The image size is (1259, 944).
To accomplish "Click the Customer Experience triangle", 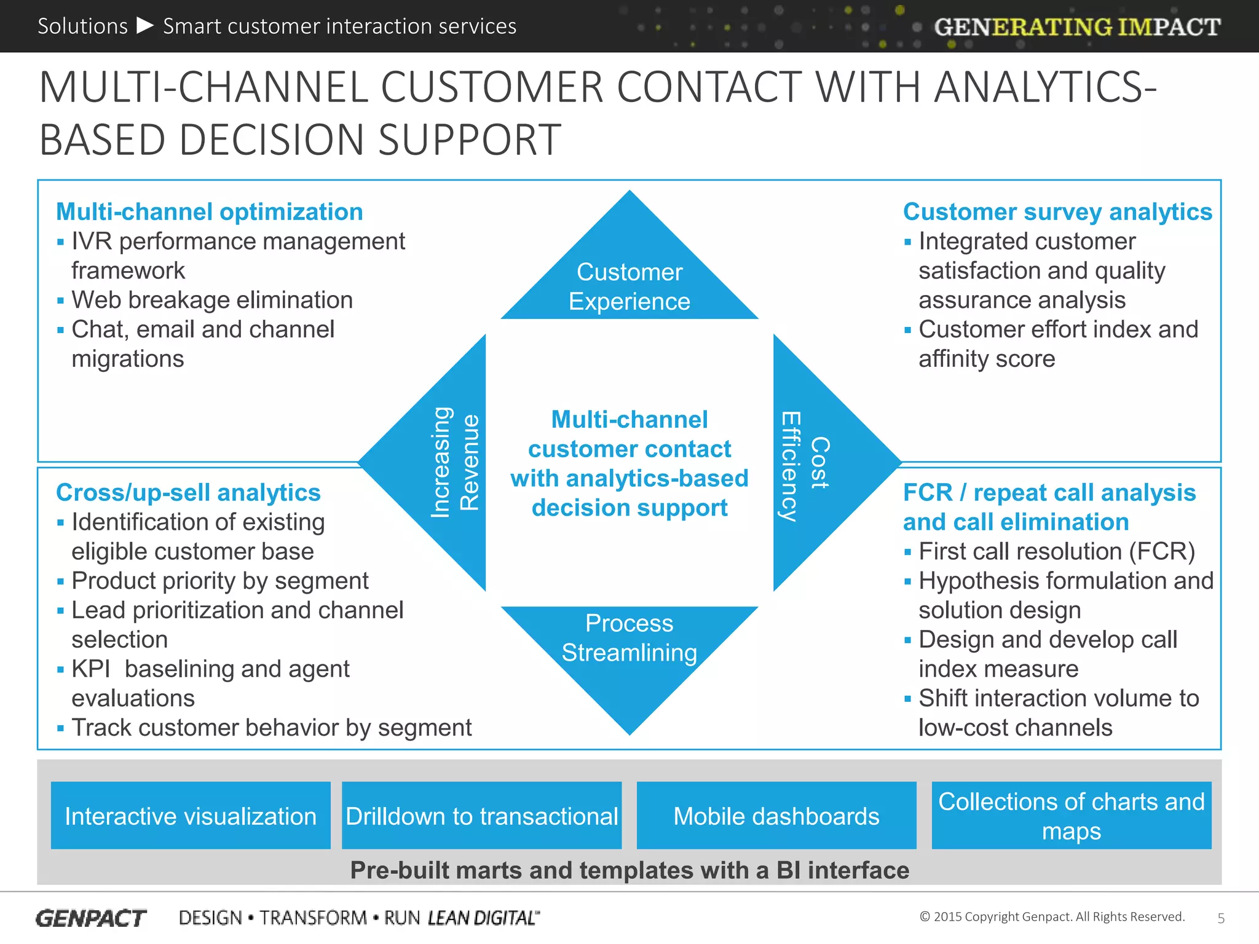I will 629,283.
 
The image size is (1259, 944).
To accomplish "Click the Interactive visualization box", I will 191,816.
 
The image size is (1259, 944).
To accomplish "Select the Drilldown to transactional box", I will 481,816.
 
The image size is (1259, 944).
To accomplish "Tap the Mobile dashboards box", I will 776,816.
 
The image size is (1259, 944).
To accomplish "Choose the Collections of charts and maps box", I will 1071,816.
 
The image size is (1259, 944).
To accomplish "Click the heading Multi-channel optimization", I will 209,211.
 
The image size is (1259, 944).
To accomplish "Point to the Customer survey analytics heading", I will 1057,211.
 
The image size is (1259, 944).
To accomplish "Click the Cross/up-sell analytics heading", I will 188,492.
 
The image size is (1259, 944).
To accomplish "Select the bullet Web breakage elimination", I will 212,300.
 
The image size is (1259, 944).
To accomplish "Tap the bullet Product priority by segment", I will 219,581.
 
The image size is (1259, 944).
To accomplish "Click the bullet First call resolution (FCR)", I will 1056,551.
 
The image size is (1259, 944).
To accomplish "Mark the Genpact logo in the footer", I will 91,918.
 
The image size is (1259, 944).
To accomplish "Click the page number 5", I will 1221,918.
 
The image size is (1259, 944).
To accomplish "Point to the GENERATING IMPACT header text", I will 1077,27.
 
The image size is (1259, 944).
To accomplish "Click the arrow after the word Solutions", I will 145,26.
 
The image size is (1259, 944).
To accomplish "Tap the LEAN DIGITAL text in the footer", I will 483,918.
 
